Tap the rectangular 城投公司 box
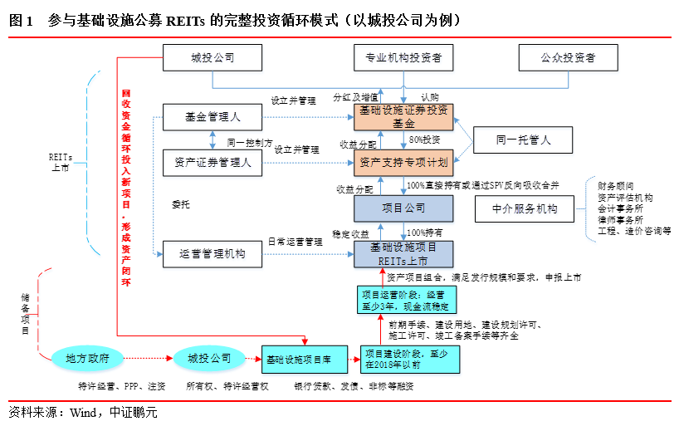coord(212,58)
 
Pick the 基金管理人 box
coord(212,117)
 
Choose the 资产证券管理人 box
coord(212,162)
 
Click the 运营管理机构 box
coord(212,254)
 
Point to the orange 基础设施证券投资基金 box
coord(403,116)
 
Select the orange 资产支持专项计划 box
coord(403,162)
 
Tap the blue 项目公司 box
coord(403,208)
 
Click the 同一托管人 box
coord(523,140)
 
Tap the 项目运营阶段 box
coord(402,299)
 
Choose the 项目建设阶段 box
coord(407,359)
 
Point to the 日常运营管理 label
coord(295,242)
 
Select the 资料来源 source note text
coord(82,411)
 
